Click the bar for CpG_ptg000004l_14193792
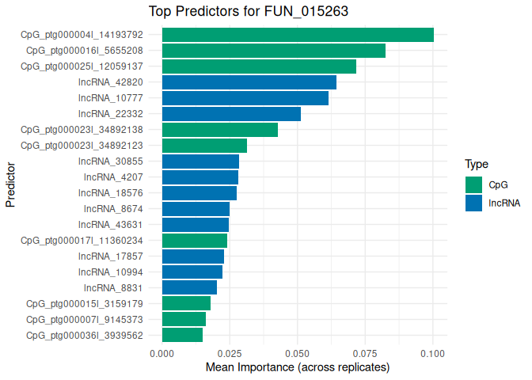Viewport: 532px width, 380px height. point(298,35)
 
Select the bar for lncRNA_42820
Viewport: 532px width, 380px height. point(249,82)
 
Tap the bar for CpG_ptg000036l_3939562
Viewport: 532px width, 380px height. point(182,335)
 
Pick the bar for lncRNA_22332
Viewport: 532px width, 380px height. point(231,114)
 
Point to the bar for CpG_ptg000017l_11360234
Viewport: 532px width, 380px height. point(195,240)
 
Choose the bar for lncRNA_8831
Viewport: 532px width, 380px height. point(189,287)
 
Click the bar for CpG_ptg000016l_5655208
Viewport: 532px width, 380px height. point(274,51)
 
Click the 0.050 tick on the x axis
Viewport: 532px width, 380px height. point(298,352)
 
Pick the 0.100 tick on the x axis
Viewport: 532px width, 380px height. point(433,352)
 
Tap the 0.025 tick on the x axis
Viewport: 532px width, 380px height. point(230,352)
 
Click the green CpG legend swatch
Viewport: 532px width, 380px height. point(474,184)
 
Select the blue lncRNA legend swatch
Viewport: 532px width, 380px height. point(474,203)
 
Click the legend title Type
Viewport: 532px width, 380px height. point(476,165)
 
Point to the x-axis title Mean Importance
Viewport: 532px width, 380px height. point(298,367)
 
